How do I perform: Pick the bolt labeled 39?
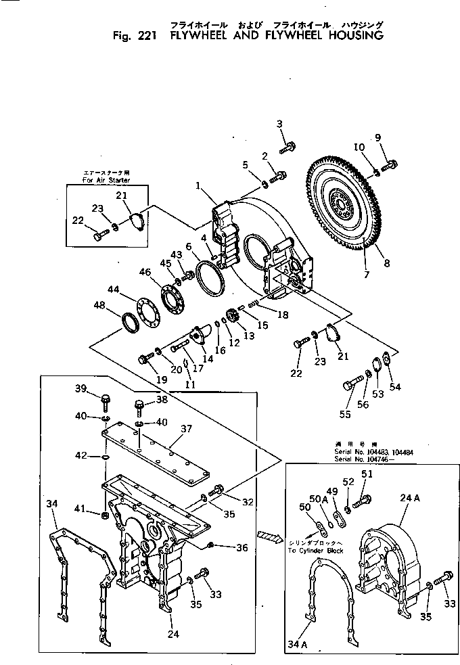[x=106, y=403]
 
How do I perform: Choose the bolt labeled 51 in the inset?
[x=363, y=500]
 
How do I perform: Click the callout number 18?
[x=282, y=315]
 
